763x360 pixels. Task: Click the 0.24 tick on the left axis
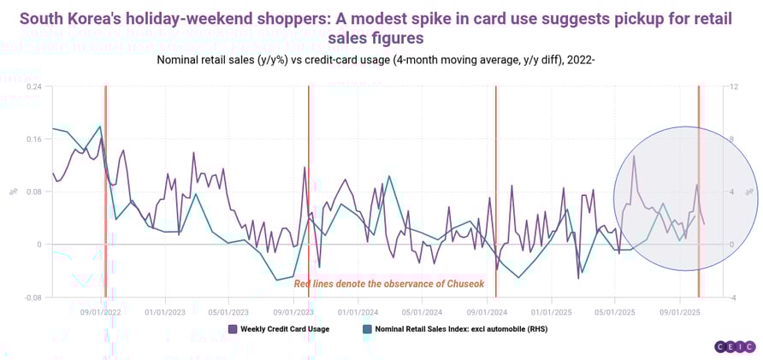point(33,86)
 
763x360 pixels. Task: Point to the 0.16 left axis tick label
point(33,139)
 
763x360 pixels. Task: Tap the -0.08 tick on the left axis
point(32,298)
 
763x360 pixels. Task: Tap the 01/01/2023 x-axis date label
point(166,312)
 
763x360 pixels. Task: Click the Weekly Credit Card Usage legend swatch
point(233,328)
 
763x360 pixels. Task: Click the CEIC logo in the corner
point(734,346)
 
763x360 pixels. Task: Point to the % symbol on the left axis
point(13,192)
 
